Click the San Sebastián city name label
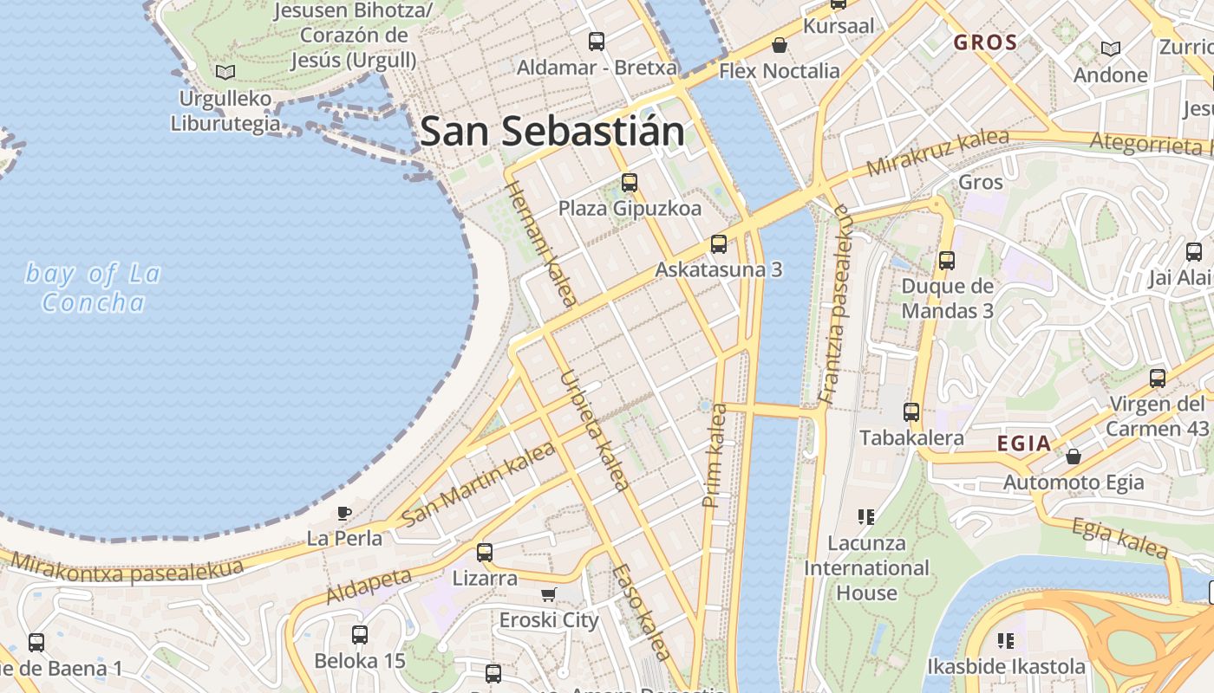(552, 132)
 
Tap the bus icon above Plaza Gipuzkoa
(630, 183)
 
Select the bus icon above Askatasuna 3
(718, 244)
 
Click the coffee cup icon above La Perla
(344, 512)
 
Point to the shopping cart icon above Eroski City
(548, 594)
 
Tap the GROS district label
(985, 42)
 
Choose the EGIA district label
(1023, 444)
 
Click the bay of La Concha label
(93, 288)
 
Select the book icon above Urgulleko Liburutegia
(225, 72)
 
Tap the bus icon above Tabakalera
(911, 412)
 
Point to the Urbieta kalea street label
(595, 431)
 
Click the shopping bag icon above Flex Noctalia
(780, 45)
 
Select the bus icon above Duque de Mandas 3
(947, 260)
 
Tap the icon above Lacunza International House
(865, 517)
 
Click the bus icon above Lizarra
(485, 552)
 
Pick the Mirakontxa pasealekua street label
(127, 568)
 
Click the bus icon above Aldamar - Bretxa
(597, 41)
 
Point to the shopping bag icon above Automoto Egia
(1074, 456)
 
